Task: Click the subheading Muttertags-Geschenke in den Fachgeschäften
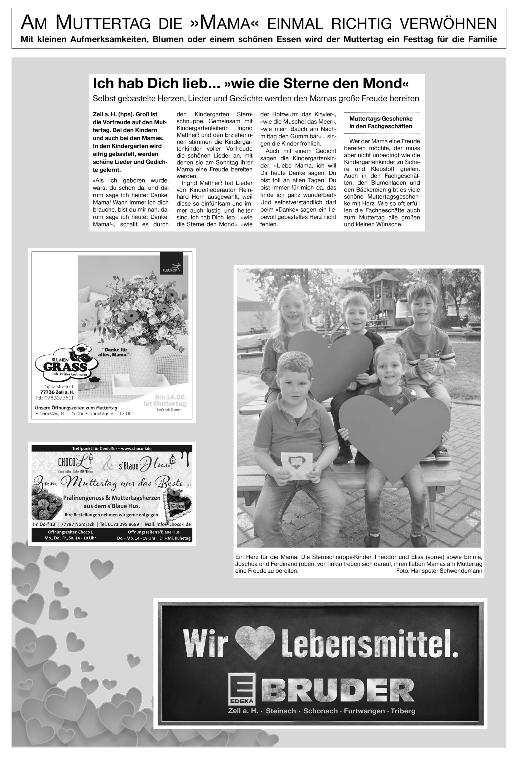coord(381,122)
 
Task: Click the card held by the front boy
coord(295,465)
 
